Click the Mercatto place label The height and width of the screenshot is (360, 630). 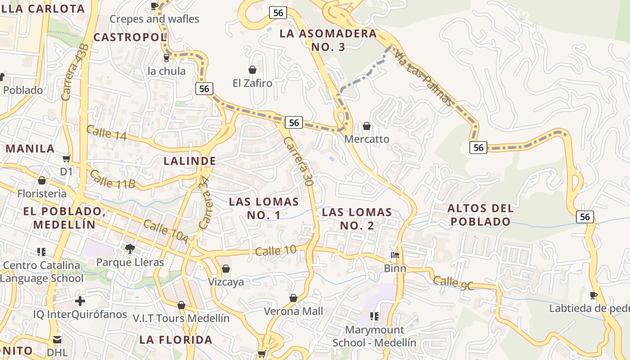[367, 139]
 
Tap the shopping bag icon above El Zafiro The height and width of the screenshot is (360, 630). [252, 70]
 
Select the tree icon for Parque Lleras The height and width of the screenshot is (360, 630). [130, 248]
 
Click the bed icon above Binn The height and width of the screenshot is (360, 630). [395, 255]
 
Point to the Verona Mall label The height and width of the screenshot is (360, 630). [293, 311]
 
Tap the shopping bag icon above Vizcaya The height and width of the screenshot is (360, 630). [226, 269]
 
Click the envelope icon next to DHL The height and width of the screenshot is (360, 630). [57, 339]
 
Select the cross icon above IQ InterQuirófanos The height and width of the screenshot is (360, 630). [80, 301]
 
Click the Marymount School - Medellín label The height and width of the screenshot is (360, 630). [374, 336]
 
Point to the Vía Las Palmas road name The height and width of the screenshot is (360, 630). [423, 77]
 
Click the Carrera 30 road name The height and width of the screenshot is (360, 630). [298, 161]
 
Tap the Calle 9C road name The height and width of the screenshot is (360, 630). [453, 283]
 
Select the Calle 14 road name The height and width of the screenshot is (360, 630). [106, 133]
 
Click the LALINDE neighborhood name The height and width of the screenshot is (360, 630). [189, 161]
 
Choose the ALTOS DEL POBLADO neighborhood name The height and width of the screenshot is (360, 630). [481, 215]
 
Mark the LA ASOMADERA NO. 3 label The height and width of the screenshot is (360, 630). [328, 40]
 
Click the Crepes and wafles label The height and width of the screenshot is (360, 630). [154, 19]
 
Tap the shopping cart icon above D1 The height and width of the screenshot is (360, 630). [67, 158]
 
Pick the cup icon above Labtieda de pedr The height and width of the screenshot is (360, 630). [594, 295]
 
